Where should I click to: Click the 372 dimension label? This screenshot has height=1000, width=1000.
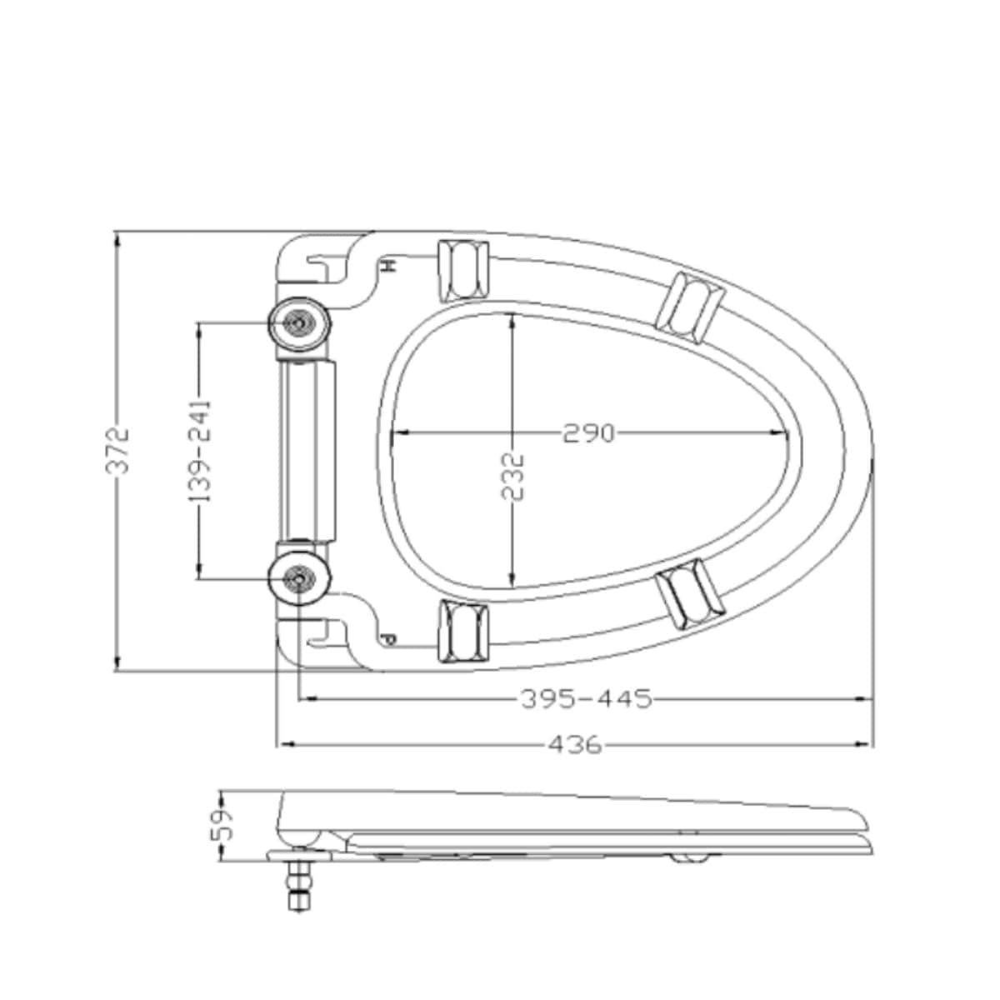coord(117,451)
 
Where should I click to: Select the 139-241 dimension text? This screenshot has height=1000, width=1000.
coord(200,451)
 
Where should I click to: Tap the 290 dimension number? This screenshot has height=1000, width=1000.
coord(588,432)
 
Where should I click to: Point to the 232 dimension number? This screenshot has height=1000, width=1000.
coord(513,477)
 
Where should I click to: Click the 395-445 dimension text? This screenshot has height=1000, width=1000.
coord(587,698)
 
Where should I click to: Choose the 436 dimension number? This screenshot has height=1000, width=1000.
coord(575,745)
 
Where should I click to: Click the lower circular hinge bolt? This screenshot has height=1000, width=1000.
coord(299,578)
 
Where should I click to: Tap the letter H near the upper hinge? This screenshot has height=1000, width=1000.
coord(387,266)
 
